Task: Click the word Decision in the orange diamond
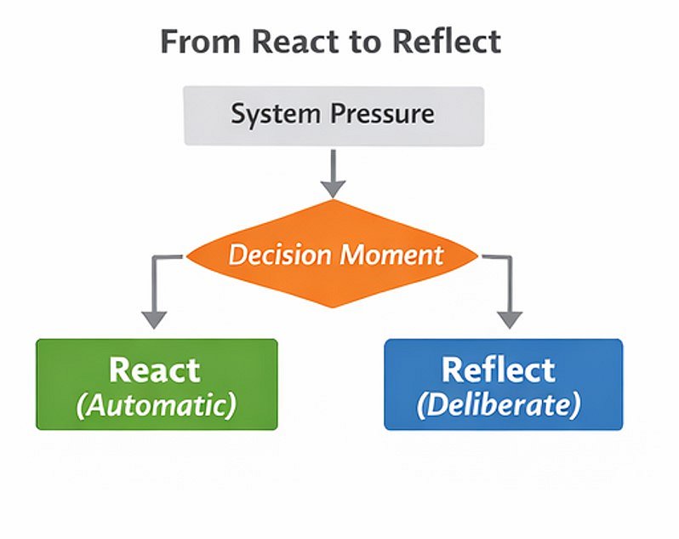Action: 277,255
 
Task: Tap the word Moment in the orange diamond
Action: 391,255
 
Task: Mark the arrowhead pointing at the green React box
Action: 154,318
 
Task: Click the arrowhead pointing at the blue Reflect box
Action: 509,318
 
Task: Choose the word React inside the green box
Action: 155,370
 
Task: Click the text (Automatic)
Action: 156,404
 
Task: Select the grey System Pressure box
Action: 334,116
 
